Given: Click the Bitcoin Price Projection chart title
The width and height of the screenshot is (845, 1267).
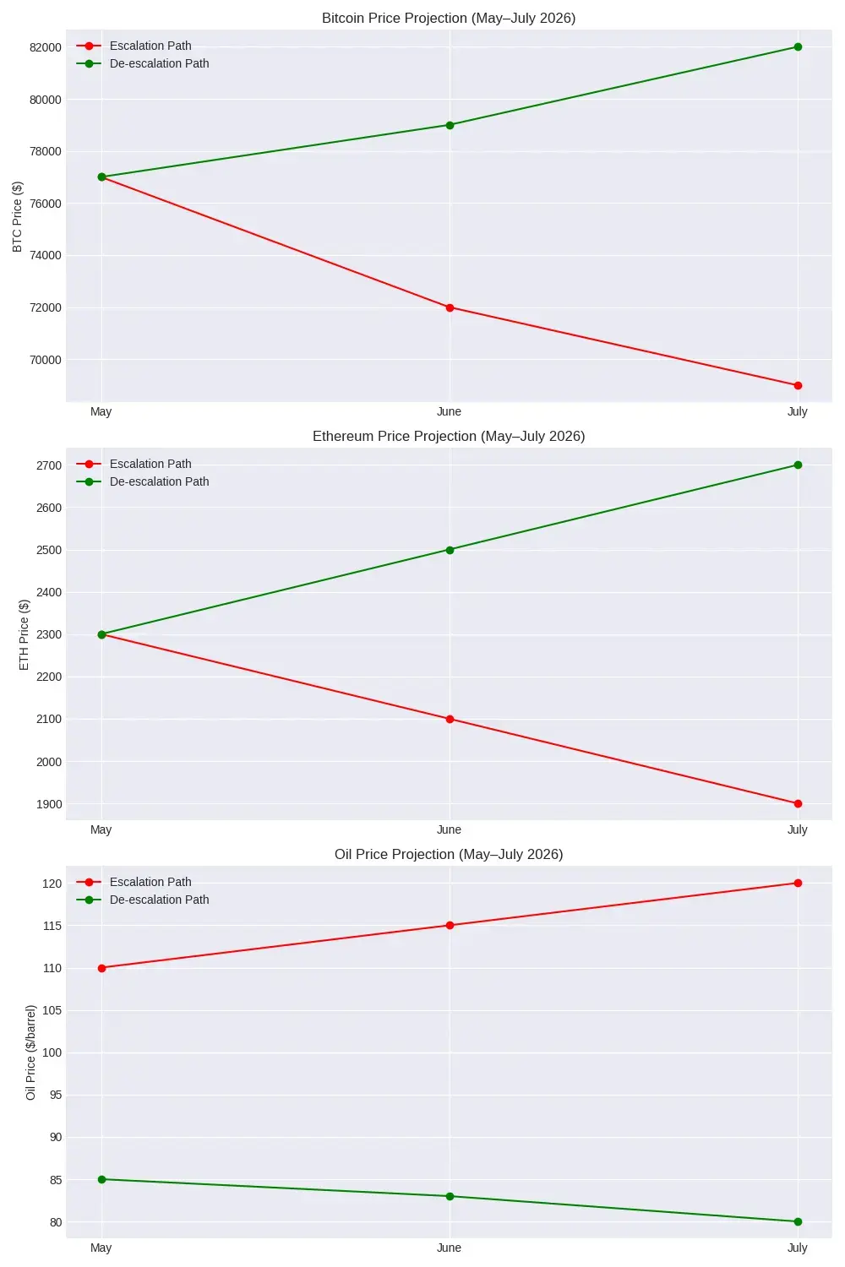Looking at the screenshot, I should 449,18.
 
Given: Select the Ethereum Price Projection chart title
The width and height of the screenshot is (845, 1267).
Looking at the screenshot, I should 449,436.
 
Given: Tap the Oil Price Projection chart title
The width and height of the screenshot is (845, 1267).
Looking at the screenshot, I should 449,854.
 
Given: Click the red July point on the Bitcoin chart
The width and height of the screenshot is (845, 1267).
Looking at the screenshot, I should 798,385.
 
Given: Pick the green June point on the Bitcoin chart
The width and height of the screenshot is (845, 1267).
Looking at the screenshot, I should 450,125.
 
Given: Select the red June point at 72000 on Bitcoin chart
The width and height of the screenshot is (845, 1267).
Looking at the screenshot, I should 450,307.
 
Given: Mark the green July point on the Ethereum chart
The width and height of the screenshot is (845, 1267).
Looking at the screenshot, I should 798,465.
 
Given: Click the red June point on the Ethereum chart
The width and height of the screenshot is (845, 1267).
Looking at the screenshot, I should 450,719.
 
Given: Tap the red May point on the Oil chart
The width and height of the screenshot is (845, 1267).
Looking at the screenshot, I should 101,968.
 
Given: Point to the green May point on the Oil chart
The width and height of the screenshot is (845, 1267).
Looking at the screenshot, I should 101,1179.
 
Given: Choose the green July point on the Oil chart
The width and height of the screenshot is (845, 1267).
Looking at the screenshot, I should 798,1221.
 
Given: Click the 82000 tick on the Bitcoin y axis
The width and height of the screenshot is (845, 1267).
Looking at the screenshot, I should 46,47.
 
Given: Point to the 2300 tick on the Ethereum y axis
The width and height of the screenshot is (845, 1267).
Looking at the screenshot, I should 49,634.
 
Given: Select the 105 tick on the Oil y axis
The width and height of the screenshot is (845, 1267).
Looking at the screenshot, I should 52,1010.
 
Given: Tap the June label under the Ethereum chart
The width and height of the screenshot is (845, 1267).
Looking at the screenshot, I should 449,829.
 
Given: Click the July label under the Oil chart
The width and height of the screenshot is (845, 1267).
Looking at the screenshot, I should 797,1248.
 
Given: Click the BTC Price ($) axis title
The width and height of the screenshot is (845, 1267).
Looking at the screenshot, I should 18,216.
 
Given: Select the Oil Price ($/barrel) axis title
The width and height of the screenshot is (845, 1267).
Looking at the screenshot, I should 31,1052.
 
